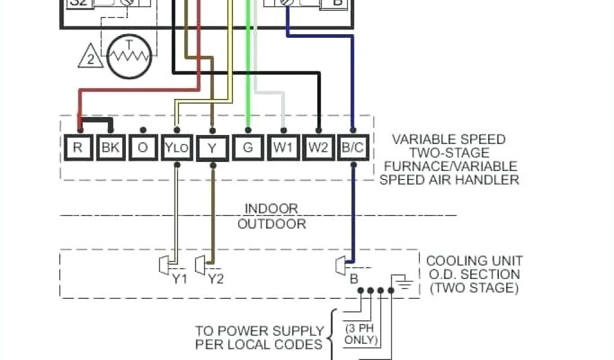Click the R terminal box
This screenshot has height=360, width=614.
[x=77, y=148]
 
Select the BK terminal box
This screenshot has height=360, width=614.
[x=110, y=148]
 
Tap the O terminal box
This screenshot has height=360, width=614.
[x=143, y=148]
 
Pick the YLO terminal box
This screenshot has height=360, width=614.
[x=177, y=148]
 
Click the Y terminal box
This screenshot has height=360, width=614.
[x=212, y=148]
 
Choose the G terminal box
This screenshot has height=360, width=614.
[x=248, y=148]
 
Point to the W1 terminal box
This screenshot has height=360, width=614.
[x=283, y=148]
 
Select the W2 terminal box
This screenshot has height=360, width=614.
[x=318, y=148]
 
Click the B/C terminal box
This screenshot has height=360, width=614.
[x=353, y=148]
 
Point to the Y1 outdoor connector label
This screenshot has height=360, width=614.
[x=180, y=279]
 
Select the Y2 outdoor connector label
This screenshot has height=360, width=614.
[x=216, y=279]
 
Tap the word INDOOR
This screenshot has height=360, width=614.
[x=271, y=209]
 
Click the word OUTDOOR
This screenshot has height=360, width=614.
[x=272, y=224]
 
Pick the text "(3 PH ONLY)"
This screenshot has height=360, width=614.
[x=360, y=335]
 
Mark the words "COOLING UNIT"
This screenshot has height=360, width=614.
[x=474, y=261]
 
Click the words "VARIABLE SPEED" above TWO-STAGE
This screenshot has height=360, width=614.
[x=449, y=139]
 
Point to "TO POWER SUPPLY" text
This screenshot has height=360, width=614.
[x=259, y=331]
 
